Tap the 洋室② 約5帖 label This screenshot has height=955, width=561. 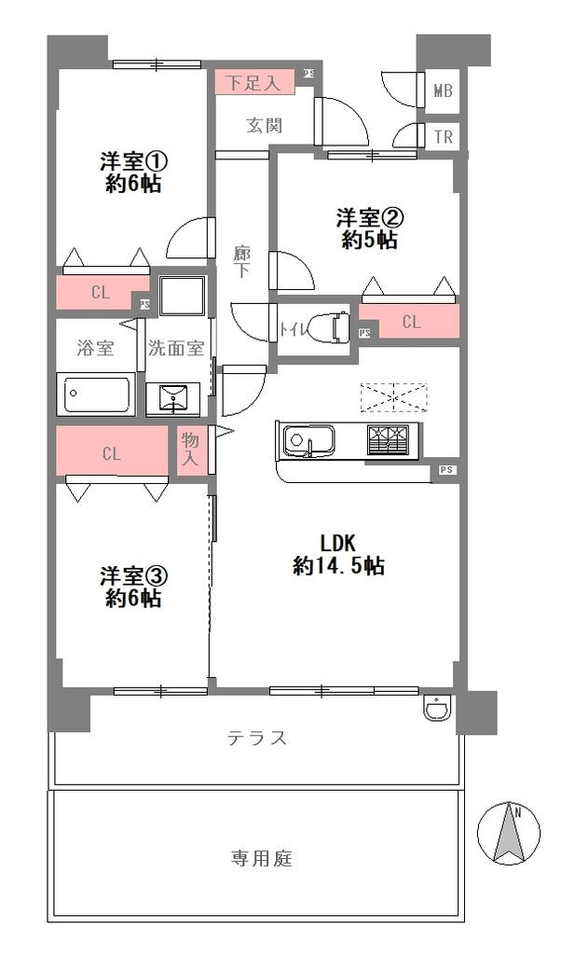[369, 228]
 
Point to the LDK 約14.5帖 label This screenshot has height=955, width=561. [339, 554]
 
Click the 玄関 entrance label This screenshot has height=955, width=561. [265, 126]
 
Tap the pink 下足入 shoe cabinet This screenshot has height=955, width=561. [254, 82]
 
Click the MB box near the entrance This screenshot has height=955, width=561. [444, 91]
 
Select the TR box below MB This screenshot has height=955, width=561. [444, 136]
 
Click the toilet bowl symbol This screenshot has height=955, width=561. [328, 329]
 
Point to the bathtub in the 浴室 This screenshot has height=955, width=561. [96, 394]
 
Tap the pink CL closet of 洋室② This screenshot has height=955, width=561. [410, 322]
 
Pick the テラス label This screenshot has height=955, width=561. [256, 739]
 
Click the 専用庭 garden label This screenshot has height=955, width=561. [261, 858]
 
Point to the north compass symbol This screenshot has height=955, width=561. [510, 832]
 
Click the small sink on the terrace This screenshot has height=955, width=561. [436, 711]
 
